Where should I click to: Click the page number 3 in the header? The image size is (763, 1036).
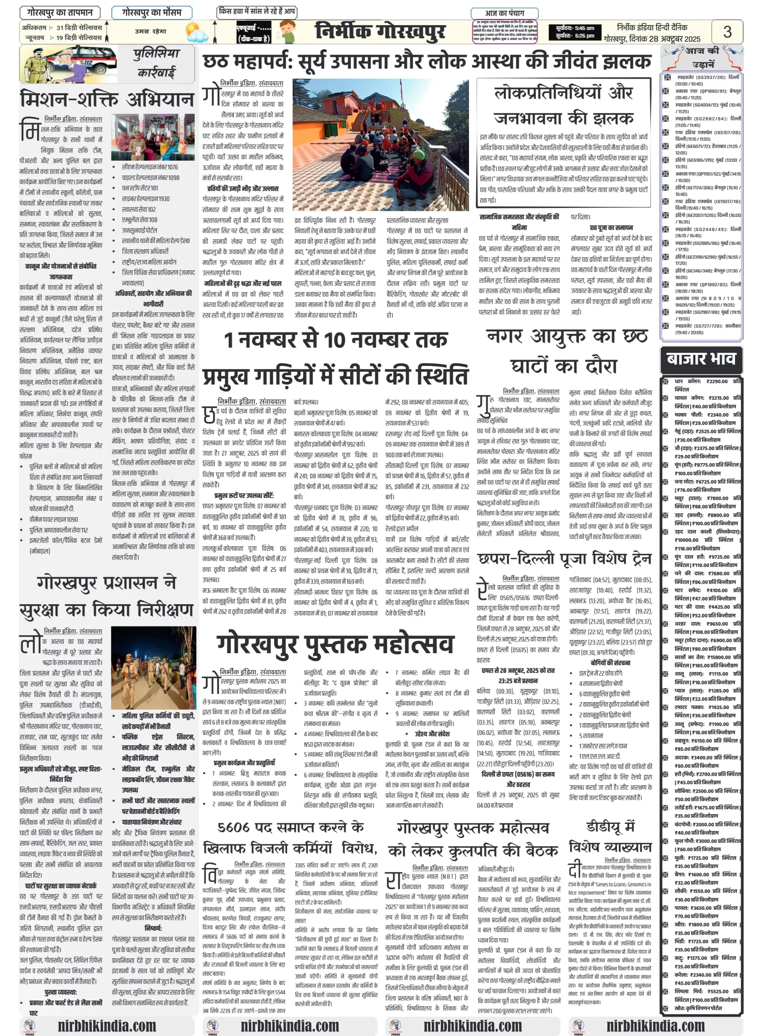click(x=727, y=32)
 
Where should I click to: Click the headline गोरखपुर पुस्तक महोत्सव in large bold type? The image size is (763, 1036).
click(x=336, y=644)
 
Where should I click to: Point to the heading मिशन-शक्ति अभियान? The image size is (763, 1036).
click(x=107, y=99)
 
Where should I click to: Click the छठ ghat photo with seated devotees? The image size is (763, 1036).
click(x=381, y=145)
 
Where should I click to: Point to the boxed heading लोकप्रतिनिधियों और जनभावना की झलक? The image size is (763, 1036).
click(x=563, y=106)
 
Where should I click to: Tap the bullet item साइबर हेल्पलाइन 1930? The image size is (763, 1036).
click(x=145, y=199)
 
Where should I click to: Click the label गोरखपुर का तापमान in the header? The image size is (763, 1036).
click(x=60, y=13)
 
